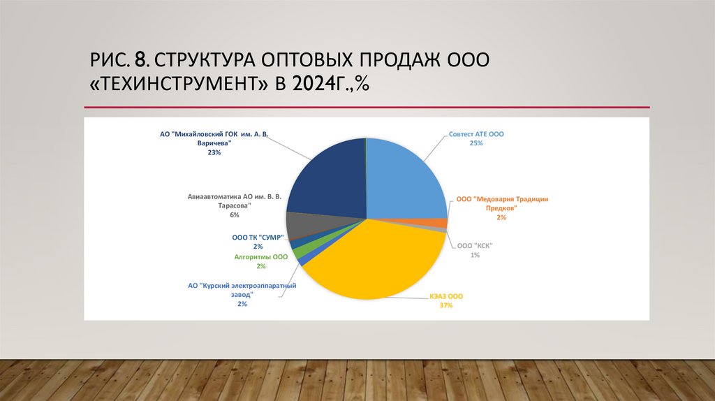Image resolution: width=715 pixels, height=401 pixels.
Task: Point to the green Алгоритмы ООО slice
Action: (x=298, y=251)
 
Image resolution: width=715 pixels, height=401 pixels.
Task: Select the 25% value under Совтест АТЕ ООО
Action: (x=476, y=143)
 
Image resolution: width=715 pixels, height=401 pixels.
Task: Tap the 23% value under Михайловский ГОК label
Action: (x=214, y=152)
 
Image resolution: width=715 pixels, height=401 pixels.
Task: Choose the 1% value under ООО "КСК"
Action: (x=475, y=255)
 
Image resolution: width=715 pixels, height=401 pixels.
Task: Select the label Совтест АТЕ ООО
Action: (x=476, y=133)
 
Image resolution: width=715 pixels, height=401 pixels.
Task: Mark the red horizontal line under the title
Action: (x=367, y=107)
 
